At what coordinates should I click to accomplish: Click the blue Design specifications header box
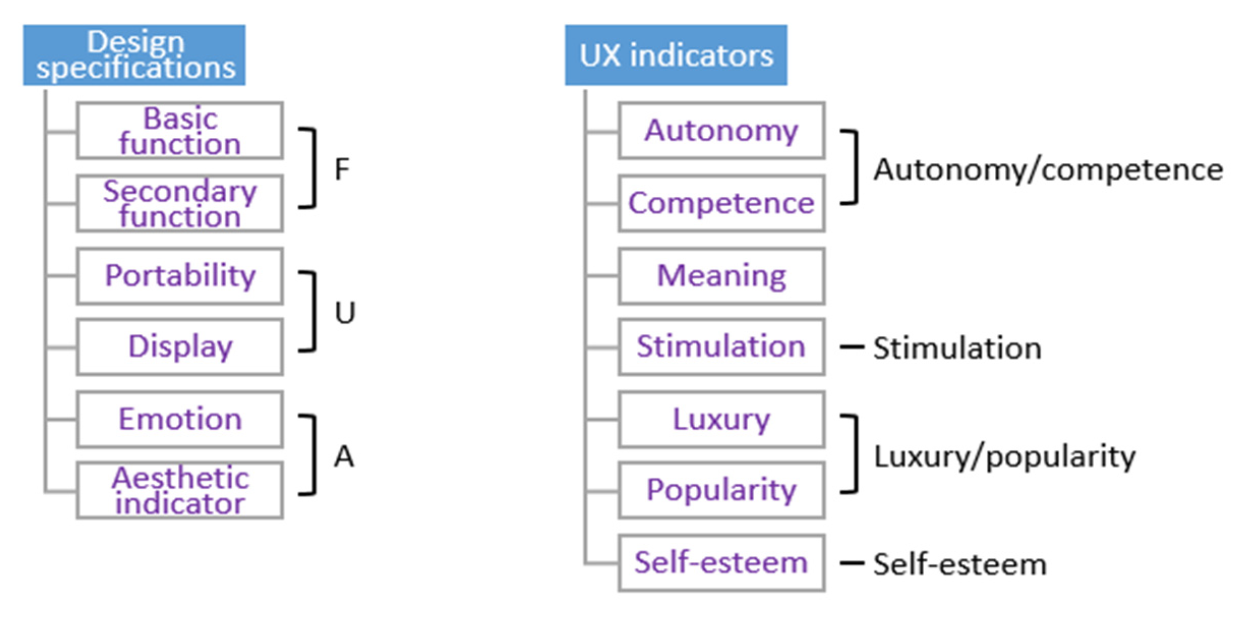click(134, 55)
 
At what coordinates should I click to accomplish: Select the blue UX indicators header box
click(676, 55)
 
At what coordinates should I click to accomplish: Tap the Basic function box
click(180, 131)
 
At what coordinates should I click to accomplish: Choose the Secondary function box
click(180, 203)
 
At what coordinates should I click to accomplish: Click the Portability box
click(180, 276)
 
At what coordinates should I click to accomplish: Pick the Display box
click(180, 347)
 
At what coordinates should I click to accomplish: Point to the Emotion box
click(180, 419)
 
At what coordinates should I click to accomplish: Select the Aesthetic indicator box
click(180, 490)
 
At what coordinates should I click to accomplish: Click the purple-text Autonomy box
click(721, 131)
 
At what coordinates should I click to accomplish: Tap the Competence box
click(721, 203)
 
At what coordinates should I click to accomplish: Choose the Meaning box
click(721, 276)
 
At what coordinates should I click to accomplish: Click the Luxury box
click(721, 419)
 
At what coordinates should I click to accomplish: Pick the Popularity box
click(721, 490)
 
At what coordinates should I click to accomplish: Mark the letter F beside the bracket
click(342, 169)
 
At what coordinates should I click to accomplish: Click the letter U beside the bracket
click(345, 312)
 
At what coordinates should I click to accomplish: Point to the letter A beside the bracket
click(344, 456)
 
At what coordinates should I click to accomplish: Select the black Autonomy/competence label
click(1048, 170)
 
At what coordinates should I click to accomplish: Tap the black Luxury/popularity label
click(1004, 456)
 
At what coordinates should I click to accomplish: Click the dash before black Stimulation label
click(851, 347)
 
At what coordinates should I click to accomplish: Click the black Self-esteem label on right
click(960, 564)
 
